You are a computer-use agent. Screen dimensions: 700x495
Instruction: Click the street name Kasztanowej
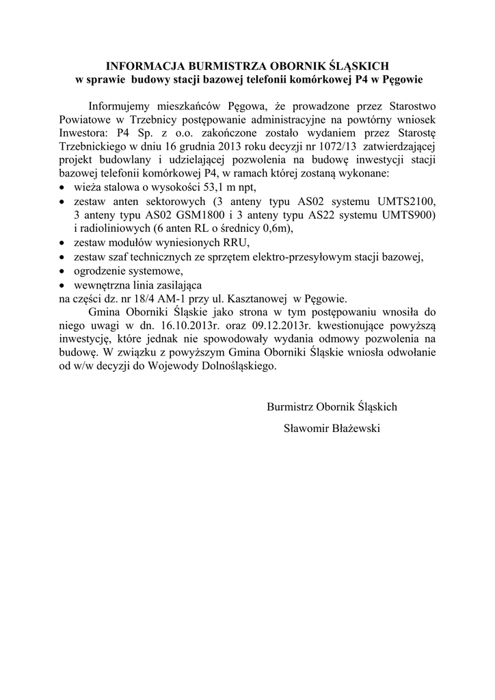click(x=250, y=299)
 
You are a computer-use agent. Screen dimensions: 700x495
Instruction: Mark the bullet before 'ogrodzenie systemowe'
click(x=63, y=272)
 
